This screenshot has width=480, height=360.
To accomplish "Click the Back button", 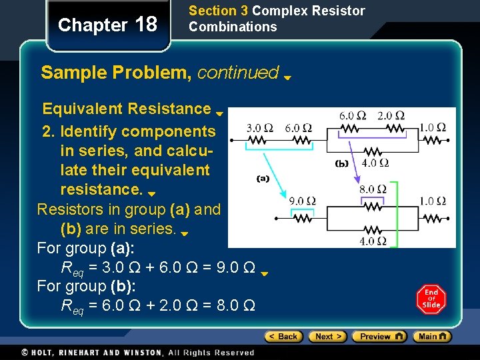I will pyautogui.click(x=284, y=337).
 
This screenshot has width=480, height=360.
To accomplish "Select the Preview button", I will pyautogui.click(x=379, y=337).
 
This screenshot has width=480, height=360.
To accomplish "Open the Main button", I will pyautogui.click(x=432, y=337).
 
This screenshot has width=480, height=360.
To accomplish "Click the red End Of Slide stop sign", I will pyautogui.click(x=431, y=299).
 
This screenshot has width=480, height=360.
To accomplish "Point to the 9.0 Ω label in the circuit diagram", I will pyautogui.click(x=302, y=201).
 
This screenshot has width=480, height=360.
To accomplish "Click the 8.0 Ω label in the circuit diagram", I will pyautogui.click(x=373, y=189).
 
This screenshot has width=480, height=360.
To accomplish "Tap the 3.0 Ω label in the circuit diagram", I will pyautogui.click(x=259, y=127).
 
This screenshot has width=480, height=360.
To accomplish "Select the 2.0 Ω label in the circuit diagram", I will pyautogui.click(x=391, y=115).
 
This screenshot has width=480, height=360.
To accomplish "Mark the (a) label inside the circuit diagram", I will pyautogui.click(x=263, y=178).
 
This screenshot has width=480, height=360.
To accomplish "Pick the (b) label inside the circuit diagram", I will pyautogui.click(x=342, y=163).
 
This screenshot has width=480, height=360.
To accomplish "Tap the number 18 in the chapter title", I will pyautogui.click(x=146, y=25).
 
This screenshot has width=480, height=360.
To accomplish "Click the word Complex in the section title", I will pyautogui.click(x=275, y=11).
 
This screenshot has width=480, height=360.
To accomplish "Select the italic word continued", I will pyautogui.click(x=238, y=72).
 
